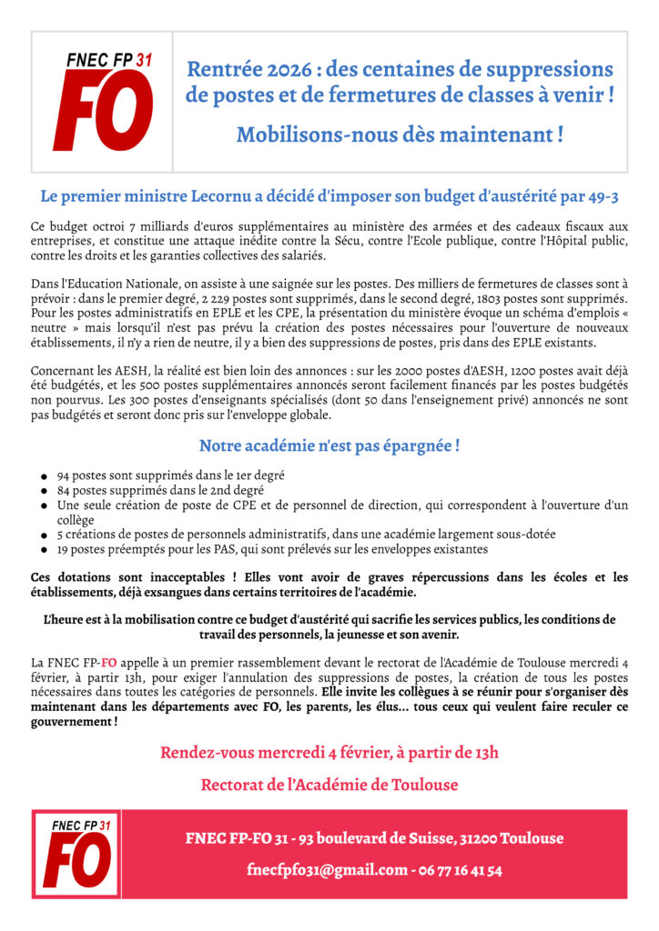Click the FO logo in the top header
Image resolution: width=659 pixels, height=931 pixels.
(102, 101)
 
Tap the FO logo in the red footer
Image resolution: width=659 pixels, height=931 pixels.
(76, 854)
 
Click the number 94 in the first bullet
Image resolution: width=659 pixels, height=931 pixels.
(64, 476)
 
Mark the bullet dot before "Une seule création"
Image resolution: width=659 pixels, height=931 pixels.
(44, 506)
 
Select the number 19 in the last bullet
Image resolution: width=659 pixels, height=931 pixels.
(64, 549)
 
